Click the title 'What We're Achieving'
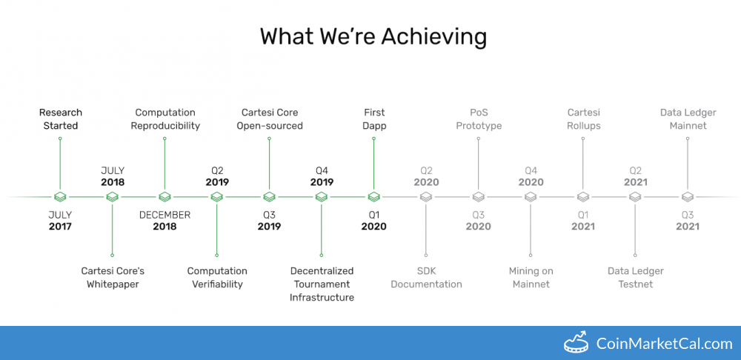point(373,37)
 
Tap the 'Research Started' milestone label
point(61,119)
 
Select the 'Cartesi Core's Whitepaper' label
point(113,278)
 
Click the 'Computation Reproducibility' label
point(165,119)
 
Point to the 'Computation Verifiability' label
point(217,278)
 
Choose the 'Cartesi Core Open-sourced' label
point(270,119)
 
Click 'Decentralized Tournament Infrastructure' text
point(322,284)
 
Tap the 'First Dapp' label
point(373,119)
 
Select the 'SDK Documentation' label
point(426,278)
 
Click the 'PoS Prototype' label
point(479,119)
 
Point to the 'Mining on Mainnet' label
point(531,278)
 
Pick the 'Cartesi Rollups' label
point(583,119)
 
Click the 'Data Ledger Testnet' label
point(636,278)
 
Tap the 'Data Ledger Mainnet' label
point(688,119)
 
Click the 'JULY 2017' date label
point(61,221)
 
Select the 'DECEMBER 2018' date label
point(165,221)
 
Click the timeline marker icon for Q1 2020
point(373,196)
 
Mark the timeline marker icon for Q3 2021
point(688,196)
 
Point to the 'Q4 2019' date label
point(322,176)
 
